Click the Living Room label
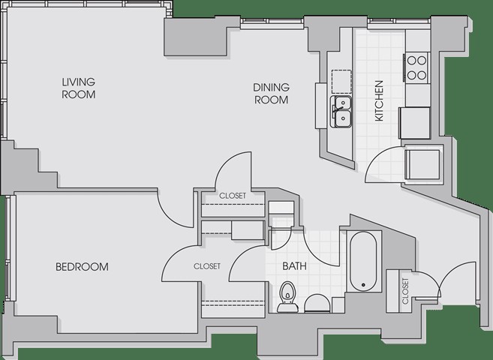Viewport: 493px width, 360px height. [x=79, y=88]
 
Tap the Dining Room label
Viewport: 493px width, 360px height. [x=271, y=93]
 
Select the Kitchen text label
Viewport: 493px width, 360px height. [x=379, y=100]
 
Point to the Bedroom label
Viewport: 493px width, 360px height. [x=82, y=267]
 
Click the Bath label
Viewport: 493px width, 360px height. [x=294, y=266]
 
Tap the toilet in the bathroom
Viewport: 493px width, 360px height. [x=287, y=297]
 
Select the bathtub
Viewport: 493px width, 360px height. [x=363, y=262]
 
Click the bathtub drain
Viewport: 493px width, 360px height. [x=363, y=285]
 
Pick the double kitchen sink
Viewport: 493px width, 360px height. [x=341, y=112]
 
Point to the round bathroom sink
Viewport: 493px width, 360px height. [x=317, y=304]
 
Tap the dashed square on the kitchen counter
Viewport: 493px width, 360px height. [x=341, y=81]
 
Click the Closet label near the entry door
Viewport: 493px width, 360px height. [x=405, y=291]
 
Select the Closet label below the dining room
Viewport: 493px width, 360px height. [x=233, y=196]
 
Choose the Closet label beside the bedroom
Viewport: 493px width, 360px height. [x=207, y=266]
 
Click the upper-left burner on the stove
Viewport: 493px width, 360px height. [x=412, y=61]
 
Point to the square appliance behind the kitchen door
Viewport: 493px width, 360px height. [x=422, y=164]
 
